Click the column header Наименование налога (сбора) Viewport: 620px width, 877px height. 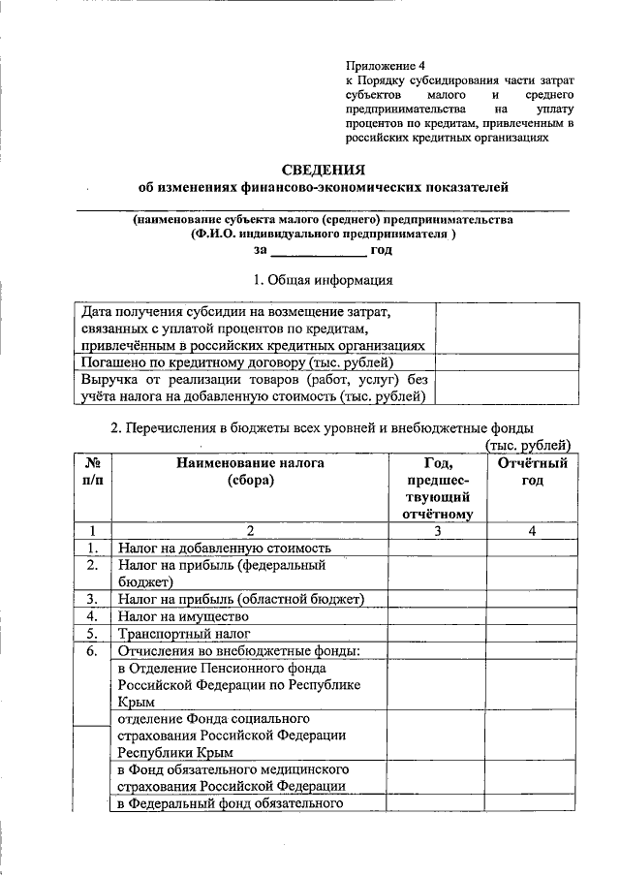point(250,472)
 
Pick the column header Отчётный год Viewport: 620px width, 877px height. point(532,472)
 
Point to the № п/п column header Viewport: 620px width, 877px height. point(93,472)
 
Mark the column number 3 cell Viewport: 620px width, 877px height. point(437,530)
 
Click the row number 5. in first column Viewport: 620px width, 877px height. point(93,634)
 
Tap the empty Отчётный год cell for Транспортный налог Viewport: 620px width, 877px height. point(532,634)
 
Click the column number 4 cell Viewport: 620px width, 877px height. point(532,530)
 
